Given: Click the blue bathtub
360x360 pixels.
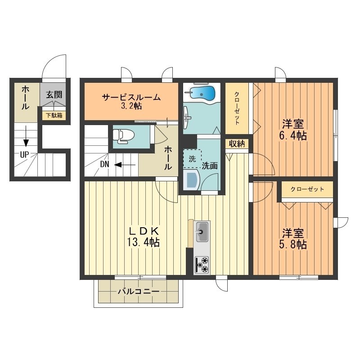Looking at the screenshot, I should pyautogui.click(x=202, y=93).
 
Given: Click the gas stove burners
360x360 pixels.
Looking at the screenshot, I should pyautogui.click(x=202, y=265).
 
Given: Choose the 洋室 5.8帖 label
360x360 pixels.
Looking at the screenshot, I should pyautogui.click(x=294, y=239).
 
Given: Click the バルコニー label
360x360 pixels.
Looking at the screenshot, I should pyautogui.click(x=138, y=292).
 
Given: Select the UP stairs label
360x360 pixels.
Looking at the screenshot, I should pyautogui.click(x=24, y=154).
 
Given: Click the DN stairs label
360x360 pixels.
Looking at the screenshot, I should pyautogui.click(x=104, y=164).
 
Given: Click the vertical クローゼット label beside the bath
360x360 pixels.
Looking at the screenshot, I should pyautogui.click(x=237, y=108).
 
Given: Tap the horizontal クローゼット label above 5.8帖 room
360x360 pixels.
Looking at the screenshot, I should pyautogui.click(x=307, y=189).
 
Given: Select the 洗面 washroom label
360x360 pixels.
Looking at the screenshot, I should pyautogui.click(x=209, y=165).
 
